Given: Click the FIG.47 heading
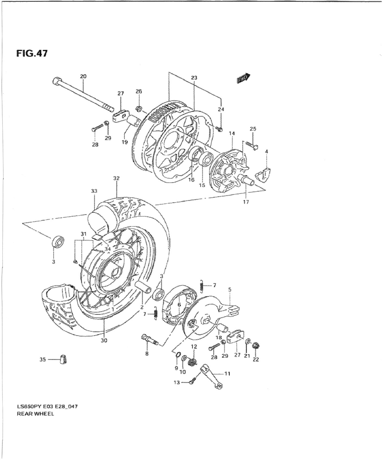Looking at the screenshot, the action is [x=32, y=53].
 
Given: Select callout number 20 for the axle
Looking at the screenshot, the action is [x=83, y=77].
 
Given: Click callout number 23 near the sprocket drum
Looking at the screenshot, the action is [x=194, y=78].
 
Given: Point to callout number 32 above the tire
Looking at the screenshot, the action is [x=116, y=179].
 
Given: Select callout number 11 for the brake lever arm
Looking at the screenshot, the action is [x=227, y=374].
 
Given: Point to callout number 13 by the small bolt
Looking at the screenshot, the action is [x=177, y=383].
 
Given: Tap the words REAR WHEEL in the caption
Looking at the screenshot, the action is [x=35, y=414].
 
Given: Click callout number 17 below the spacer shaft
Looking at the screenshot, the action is [x=246, y=202].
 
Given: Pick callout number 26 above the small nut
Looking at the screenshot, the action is [x=139, y=91].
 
